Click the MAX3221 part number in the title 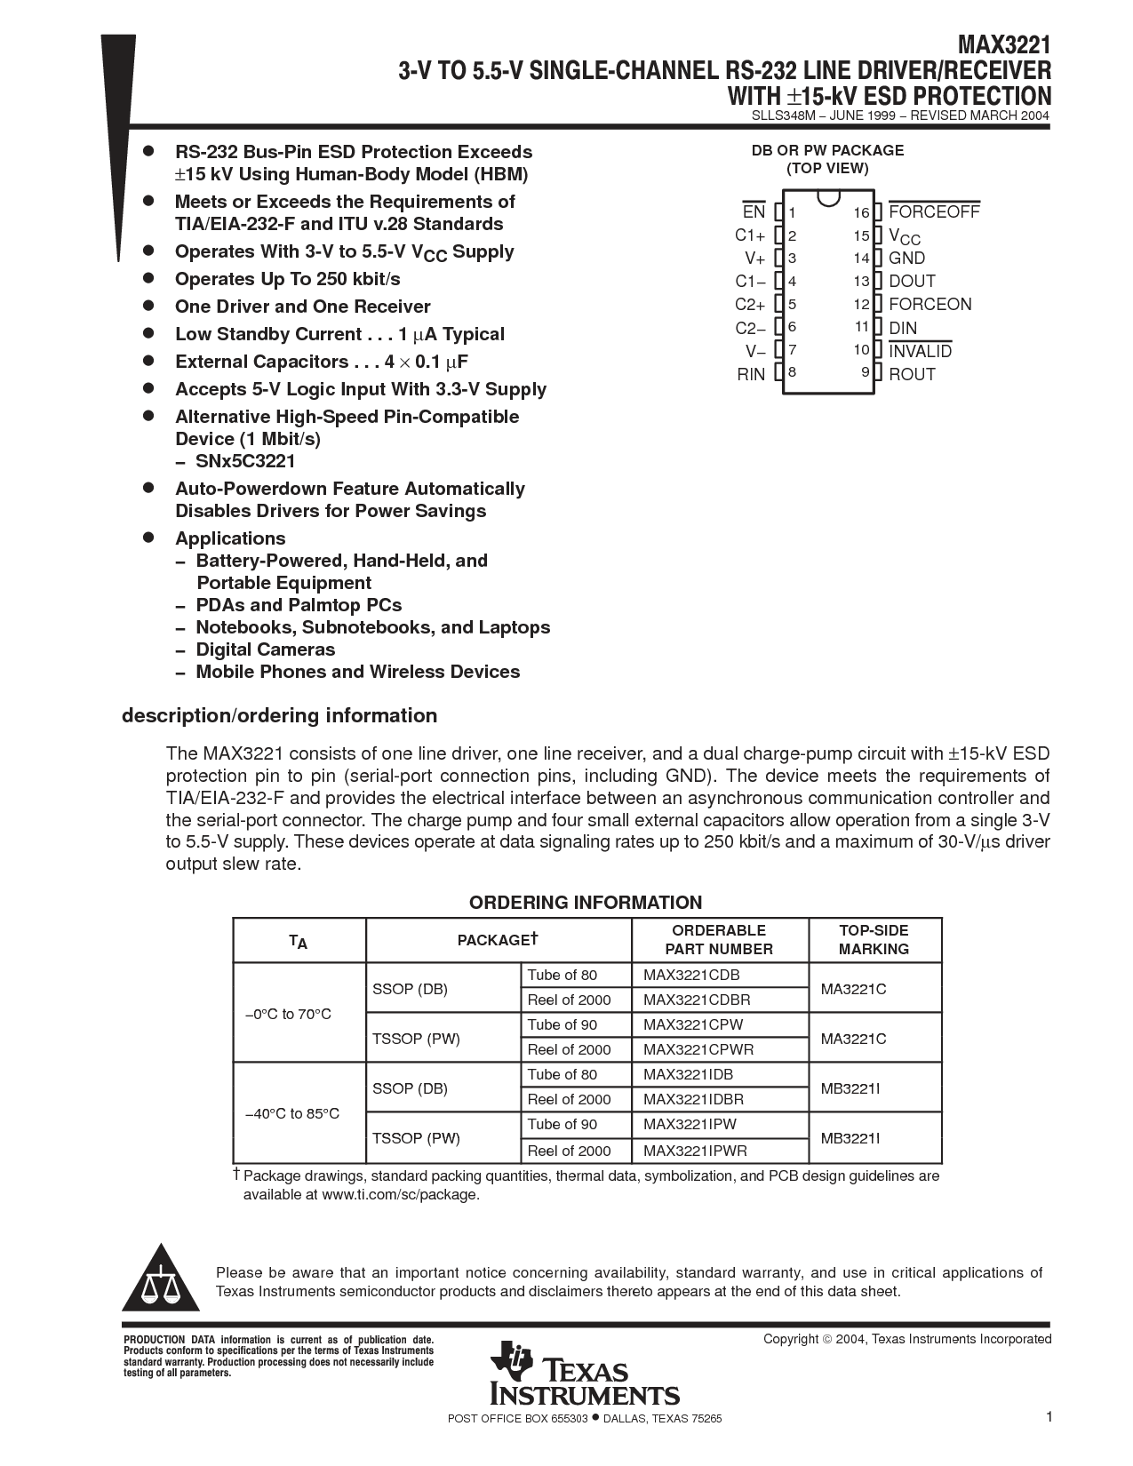pyautogui.click(x=1004, y=45)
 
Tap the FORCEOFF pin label pyautogui.click(x=934, y=212)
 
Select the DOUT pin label pyautogui.click(x=912, y=282)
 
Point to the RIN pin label pyautogui.click(x=751, y=374)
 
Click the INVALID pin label pyautogui.click(x=920, y=351)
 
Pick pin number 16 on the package pyautogui.click(x=861, y=213)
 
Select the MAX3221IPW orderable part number pyautogui.click(x=690, y=1124)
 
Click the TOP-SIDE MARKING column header pyautogui.click(x=874, y=939)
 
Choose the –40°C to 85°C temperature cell pyautogui.click(x=292, y=1113)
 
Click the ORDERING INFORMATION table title pyautogui.click(x=586, y=903)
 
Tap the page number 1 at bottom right pyautogui.click(x=1049, y=1417)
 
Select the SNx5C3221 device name pyautogui.click(x=245, y=461)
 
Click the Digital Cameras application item pyautogui.click(x=265, y=649)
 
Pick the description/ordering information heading pyautogui.click(x=279, y=715)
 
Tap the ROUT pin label pyautogui.click(x=912, y=374)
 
